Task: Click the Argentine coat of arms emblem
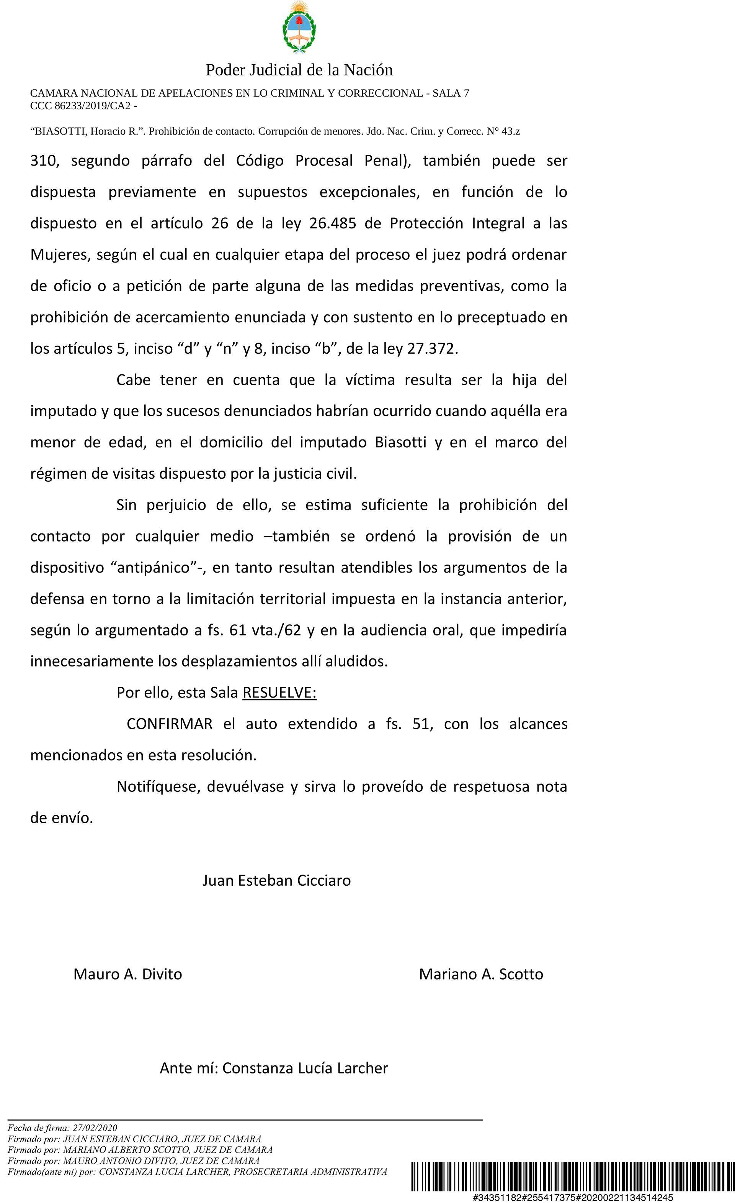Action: (299, 27)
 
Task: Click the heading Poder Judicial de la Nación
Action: (299, 70)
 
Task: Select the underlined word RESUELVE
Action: (279, 693)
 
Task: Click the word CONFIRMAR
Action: (169, 724)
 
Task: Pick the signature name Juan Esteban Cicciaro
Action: (276, 880)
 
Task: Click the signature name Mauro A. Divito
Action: (128, 974)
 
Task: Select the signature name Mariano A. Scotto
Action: (481, 974)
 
